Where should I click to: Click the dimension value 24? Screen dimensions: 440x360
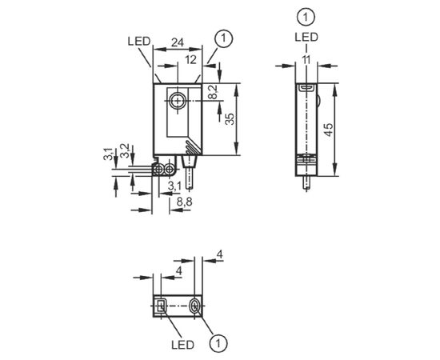[x=178, y=42]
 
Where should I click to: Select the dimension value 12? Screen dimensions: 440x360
[x=190, y=60]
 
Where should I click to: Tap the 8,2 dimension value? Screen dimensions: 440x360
[x=214, y=92]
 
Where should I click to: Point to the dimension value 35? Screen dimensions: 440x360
[x=230, y=119]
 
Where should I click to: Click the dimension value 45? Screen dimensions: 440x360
[x=328, y=130]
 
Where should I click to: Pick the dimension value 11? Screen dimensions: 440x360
[x=306, y=60]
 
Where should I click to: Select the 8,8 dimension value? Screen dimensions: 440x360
[x=184, y=202]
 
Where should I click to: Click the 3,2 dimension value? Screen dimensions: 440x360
[x=124, y=150]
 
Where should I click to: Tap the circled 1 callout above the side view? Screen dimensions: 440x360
[x=306, y=17]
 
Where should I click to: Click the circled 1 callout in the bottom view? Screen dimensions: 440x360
[x=218, y=343]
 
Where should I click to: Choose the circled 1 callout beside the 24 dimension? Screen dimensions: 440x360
[x=224, y=38]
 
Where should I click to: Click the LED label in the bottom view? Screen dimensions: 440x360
[x=182, y=345]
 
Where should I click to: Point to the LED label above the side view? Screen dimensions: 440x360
[x=306, y=37]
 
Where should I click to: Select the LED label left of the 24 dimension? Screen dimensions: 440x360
[x=139, y=42]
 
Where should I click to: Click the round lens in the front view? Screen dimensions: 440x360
[x=178, y=101]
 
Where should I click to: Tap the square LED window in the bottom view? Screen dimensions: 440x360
[x=161, y=306]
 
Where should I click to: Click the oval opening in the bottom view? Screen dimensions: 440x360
[x=194, y=306]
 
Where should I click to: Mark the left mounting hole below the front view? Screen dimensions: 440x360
[x=159, y=170]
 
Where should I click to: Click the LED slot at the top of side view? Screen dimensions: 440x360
[x=306, y=88]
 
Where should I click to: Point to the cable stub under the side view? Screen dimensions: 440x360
[x=306, y=182]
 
